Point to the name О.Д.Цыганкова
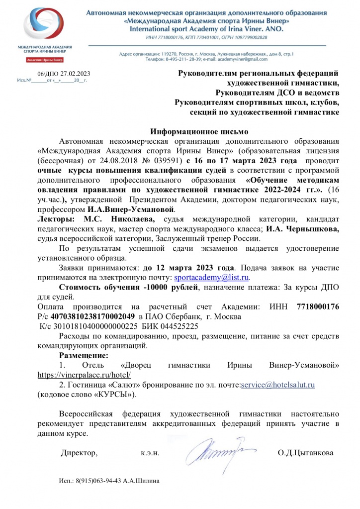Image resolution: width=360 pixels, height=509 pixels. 306,453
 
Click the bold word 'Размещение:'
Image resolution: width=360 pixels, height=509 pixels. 84,355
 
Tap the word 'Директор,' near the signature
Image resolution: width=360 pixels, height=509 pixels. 79,453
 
